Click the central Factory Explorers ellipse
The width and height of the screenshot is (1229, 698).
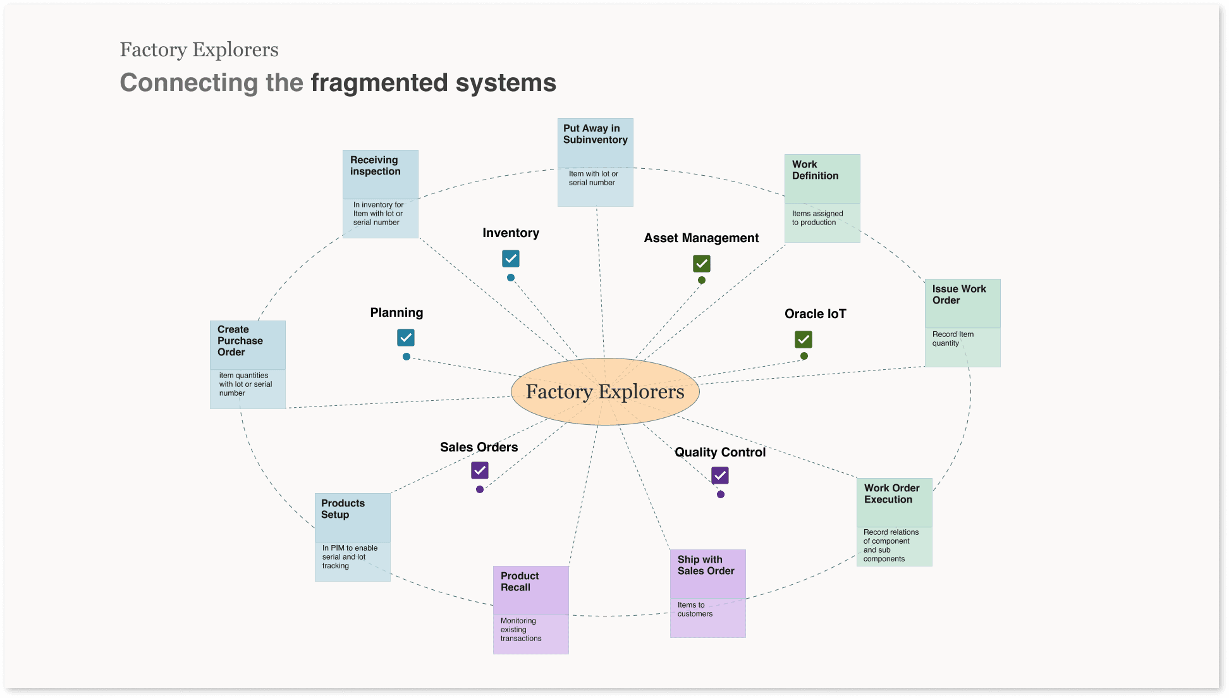coord(605,391)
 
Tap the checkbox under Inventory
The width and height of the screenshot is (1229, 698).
coord(511,259)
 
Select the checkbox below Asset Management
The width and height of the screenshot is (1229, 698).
coord(702,264)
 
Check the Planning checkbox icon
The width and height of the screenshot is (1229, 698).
coord(406,338)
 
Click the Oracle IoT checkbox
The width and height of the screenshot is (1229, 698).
coord(804,340)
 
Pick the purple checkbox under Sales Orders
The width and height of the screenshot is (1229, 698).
coord(480,470)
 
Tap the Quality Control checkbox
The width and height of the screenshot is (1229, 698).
coord(720,475)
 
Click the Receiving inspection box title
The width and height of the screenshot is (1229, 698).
coord(376,166)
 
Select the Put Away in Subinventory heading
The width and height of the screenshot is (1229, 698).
coord(595,134)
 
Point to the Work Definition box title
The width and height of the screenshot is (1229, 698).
coord(815,170)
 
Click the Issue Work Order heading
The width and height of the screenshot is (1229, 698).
coord(958,295)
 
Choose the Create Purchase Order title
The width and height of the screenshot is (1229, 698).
coord(240,341)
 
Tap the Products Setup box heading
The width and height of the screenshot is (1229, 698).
coord(343,509)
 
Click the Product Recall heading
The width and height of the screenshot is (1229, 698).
coord(520,582)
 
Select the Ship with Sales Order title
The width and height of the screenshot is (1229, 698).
coord(706,565)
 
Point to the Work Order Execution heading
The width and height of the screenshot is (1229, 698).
coord(891,494)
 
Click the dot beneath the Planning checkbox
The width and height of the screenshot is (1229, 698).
coord(407,357)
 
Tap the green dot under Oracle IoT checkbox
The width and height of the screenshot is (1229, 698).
coord(804,356)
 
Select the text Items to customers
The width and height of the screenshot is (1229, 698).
coord(695,609)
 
